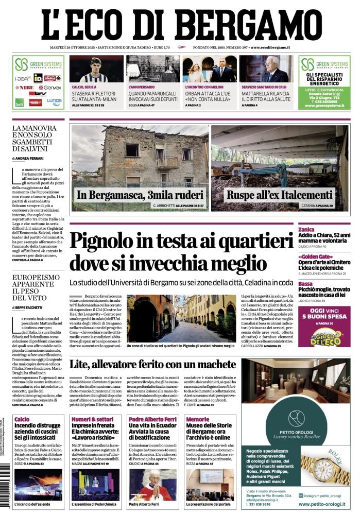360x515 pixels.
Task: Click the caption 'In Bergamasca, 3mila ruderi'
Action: click(x=132, y=195)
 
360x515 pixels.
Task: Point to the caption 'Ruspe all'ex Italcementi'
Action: click(x=279, y=195)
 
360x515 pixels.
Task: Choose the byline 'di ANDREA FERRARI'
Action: click(x=28, y=158)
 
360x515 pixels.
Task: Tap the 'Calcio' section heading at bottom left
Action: click(x=22, y=419)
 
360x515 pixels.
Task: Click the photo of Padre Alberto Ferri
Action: click(x=152, y=485)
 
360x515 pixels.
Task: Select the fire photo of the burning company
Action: click(x=39, y=485)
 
